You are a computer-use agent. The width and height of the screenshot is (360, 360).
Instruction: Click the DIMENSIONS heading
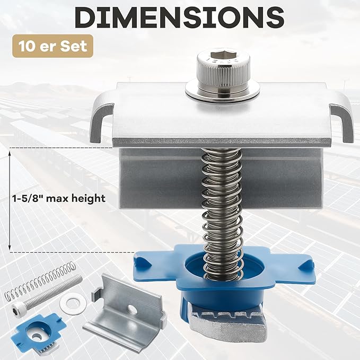coord(180,17)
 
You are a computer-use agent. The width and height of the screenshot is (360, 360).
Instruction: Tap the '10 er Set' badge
coord(53,46)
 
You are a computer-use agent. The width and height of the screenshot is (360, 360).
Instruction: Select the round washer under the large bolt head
coord(222,92)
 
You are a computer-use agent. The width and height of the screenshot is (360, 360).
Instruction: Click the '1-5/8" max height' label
coord(58,198)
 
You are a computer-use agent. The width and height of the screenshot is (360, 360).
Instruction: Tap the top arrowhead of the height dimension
coord(10,153)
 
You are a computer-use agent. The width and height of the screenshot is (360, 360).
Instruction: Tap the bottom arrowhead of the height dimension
coord(10,247)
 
